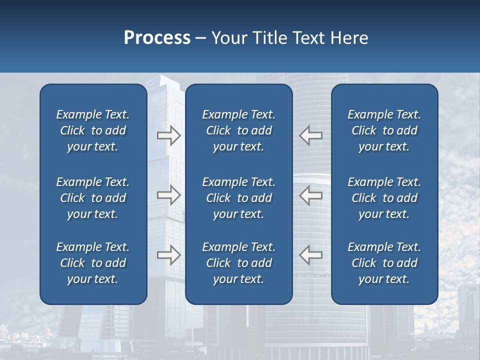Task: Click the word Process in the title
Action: point(157,38)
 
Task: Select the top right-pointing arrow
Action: point(168,135)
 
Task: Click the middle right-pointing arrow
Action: point(168,195)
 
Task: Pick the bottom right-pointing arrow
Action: point(168,254)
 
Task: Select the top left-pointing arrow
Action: point(311,135)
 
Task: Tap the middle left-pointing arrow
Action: point(311,195)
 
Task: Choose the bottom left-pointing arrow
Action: point(311,254)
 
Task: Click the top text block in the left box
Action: point(93,130)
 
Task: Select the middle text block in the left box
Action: point(93,198)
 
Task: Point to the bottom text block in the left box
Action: point(93,263)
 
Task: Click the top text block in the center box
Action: point(239,130)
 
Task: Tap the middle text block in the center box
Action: point(239,198)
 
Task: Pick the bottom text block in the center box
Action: point(239,263)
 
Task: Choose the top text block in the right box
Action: point(384,130)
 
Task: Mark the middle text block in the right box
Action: point(384,198)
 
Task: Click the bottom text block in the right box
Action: point(384,263)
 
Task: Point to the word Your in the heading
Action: point(228,38)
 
